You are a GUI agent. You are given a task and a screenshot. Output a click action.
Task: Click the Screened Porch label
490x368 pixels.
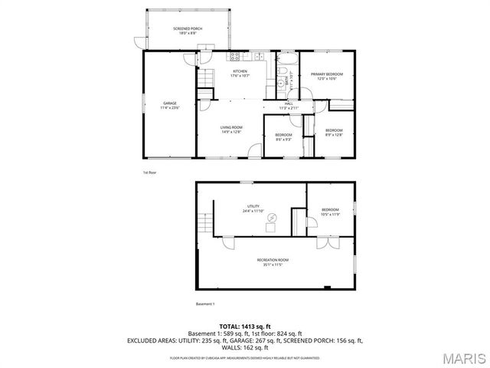[x=169, y=30]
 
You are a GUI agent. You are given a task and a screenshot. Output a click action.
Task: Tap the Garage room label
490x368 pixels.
[x=169, y=105]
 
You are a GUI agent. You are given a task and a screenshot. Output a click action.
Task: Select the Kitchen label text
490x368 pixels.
[x=240, y=73]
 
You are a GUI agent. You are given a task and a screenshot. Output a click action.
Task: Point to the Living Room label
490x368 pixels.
[x=231, y=130]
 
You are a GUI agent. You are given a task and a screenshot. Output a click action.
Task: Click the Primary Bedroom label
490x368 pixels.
[x=327, y=75]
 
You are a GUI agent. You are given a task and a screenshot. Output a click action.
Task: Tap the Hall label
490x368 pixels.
[x=289, y=105]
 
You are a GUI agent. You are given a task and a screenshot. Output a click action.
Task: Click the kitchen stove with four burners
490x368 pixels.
[x=234, y=55]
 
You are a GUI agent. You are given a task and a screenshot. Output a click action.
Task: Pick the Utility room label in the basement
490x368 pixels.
[x=253, y=208]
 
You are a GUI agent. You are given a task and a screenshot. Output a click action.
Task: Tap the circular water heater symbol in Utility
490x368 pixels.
[x=270, y=226]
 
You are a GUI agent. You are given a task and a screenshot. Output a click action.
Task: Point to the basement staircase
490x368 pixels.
[x=204, y=224]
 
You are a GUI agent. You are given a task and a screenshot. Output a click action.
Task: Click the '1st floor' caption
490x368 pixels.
[x=149, y=172]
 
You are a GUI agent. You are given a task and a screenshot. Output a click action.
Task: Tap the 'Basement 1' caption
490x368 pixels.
[x=205, y=304]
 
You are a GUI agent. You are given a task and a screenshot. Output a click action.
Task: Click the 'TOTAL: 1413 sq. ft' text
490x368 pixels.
[x=244, y=327]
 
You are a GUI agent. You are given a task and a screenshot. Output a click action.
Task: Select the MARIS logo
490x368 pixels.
[x=464, y=357]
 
